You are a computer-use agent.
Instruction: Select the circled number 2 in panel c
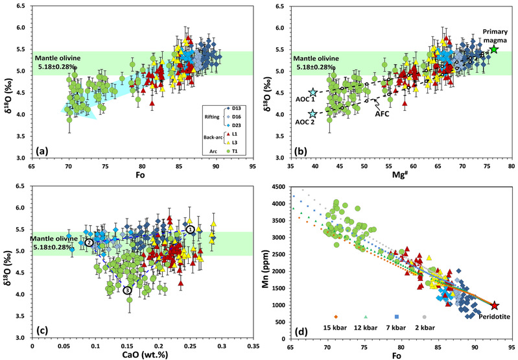[89, 242]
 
